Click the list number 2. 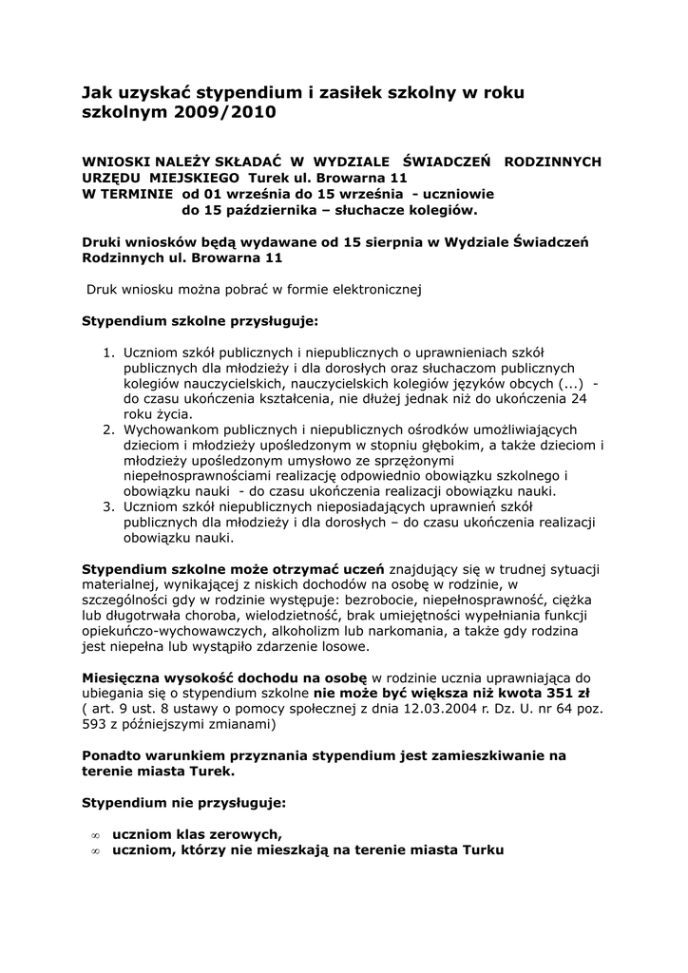point(108,430)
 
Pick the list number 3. point(108,507)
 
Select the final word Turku point(482,849)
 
